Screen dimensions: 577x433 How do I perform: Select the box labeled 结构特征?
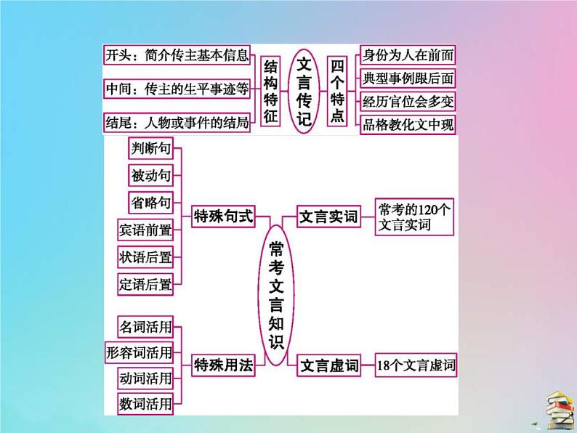pyautogui.click(x=270, y=90)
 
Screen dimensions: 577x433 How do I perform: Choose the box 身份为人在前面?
pyautogui.click(x=408, y=54)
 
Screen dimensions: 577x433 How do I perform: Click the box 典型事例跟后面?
pyautogui.click(x=408, y=78)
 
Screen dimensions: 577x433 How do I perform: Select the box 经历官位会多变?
pyautogui.click(x=408, y=101)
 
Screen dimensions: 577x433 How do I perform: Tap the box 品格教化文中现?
pyautogui.click(x=408, y=124)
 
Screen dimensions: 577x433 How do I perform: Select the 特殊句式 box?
pyautogui.click(x=223, y=216)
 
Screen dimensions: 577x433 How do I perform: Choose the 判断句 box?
pyautogui.click(x=151, y=149)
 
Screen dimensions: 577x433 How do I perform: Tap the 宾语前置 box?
pyautogui.click(x=145, y=231)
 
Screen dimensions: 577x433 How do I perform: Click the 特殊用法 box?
pyautogui.click(x=223, y=366)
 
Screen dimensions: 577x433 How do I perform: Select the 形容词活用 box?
pyautogui.click(x=140, y=352)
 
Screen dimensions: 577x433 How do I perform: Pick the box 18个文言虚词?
pyautogui.click(x=415, y=366)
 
